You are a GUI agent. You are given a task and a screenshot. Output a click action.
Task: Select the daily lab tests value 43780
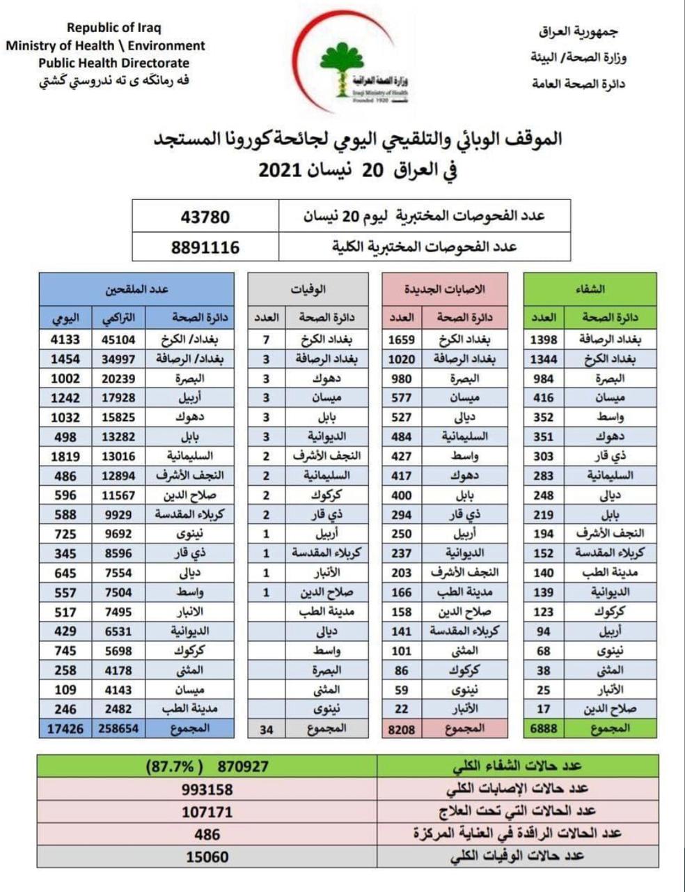(x=205, y=217)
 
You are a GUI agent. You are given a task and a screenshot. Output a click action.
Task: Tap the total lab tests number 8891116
(x=205, y=247)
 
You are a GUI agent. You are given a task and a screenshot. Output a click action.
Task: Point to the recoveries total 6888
(x=544, y=728)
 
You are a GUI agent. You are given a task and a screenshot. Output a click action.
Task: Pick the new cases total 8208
(x=401, y=729)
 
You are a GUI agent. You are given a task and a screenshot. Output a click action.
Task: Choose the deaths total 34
(x=266, y=729)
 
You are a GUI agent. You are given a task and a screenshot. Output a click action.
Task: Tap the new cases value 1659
(x=401, y=339)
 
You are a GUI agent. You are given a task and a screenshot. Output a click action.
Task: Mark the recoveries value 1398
(x=544, y=339)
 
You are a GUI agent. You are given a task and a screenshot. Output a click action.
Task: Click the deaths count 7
(x=266, y=339)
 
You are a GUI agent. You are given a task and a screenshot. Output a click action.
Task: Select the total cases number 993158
(x=207, y=790)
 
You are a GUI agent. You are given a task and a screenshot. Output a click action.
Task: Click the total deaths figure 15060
(x=207, y=856)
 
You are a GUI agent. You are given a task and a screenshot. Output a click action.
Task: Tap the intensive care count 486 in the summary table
(x=207, y=834)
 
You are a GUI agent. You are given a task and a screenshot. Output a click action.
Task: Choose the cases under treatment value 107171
(x=207, y=812)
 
